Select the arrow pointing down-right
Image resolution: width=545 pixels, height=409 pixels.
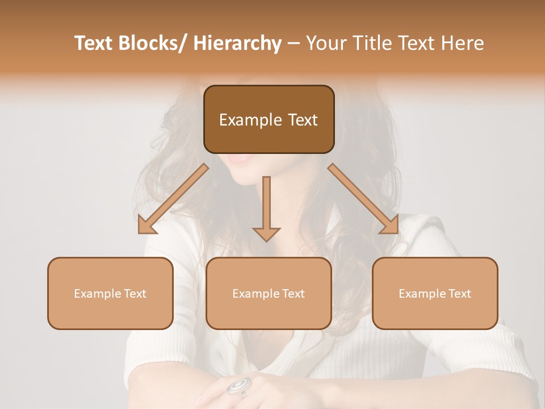(x=363, y=199)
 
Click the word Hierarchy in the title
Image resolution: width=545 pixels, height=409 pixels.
(x=237, y=43)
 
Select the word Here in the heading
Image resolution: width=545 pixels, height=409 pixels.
(x=462, y=43)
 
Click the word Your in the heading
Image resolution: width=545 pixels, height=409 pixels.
(x=326, y=43)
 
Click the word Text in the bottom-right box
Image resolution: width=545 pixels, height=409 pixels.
(x=458, y=294)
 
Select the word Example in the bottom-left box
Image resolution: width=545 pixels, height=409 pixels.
(x=97, y=294)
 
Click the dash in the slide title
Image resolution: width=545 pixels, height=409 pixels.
(x=294, y=43)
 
